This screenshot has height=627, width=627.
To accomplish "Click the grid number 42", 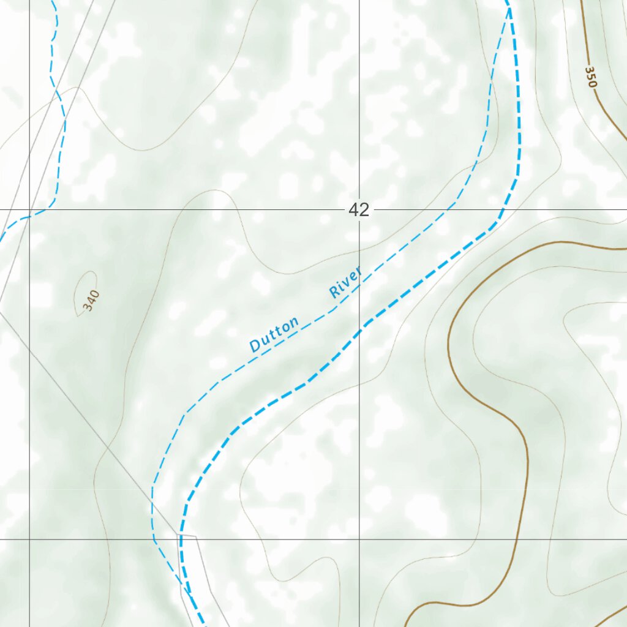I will point(359,210).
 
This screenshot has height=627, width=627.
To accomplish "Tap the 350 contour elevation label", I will point(590,77).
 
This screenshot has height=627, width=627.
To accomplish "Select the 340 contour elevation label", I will point(91,301).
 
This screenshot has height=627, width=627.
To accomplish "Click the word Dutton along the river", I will point(274,334).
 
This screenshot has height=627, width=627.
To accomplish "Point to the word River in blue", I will point(346,282).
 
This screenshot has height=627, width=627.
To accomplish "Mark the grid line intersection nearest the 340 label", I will point(29,210).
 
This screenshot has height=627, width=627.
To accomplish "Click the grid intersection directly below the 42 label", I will point(359,539).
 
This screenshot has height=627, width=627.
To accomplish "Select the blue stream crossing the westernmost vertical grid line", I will point(29,216).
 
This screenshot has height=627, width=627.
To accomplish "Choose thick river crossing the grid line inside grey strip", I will point(181,539).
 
